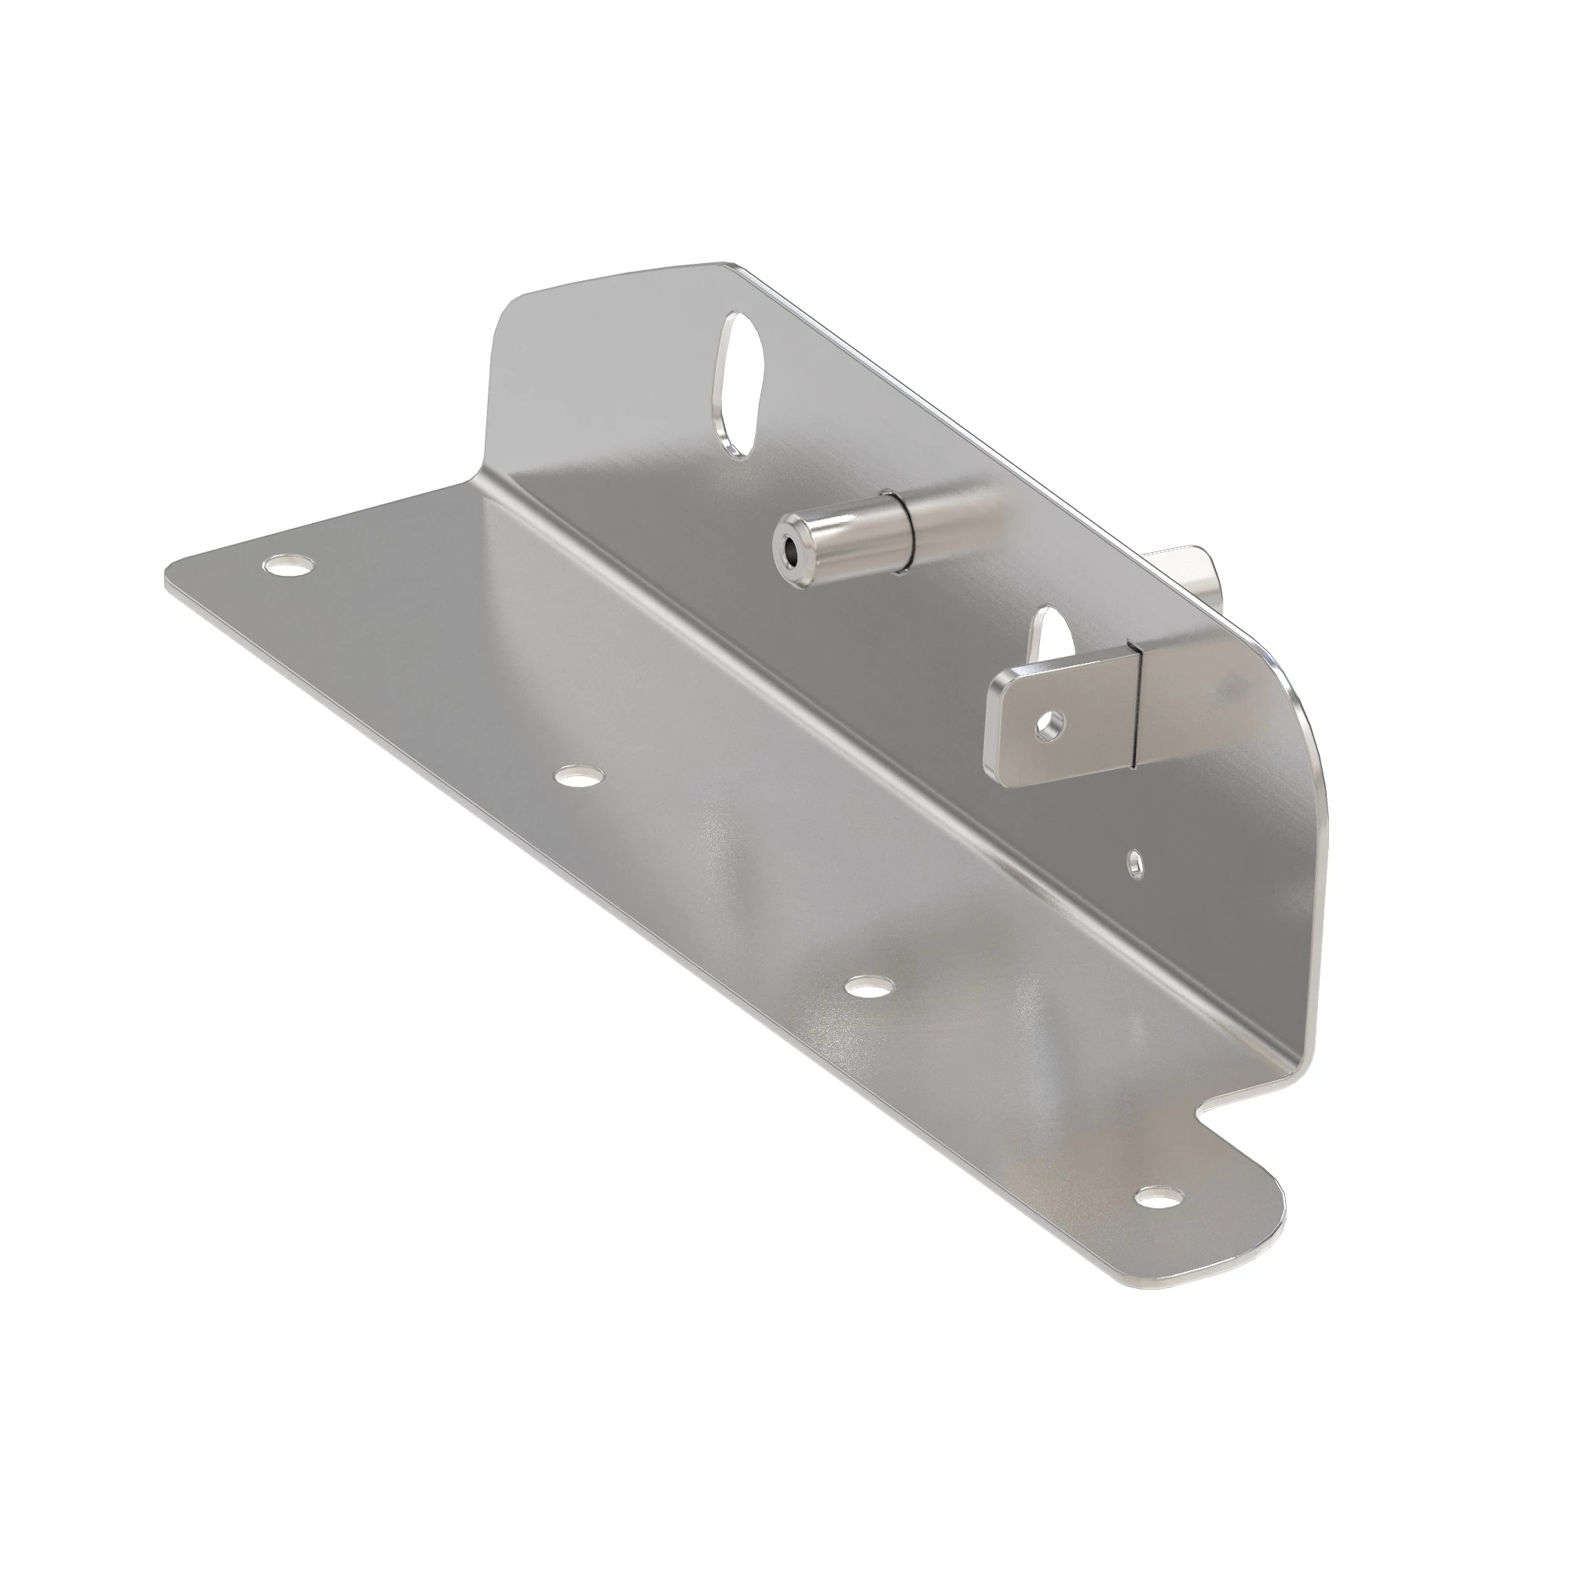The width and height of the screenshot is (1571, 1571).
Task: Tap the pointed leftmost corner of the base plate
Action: point(167,579)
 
